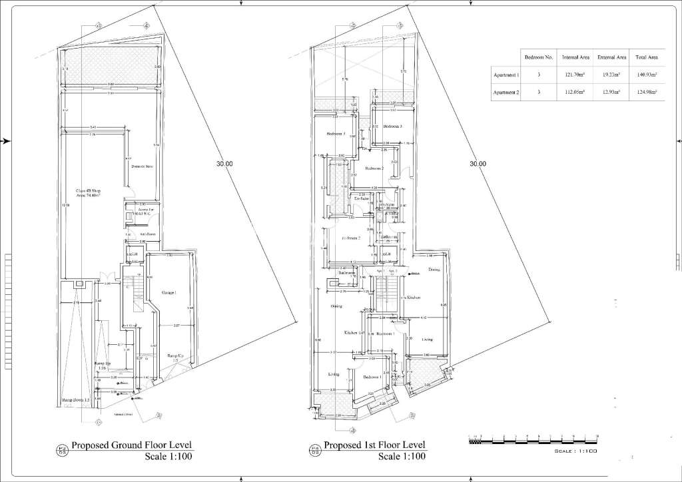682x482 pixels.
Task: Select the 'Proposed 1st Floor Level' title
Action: pyautogui.click(x=375, y=445)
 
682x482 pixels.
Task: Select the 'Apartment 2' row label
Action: pyautogui.click(x=506, y=93)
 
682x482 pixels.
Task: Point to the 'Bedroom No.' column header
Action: pyautogui.click(x=539, y=58)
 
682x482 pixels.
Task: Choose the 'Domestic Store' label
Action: pyautogui.click(x=143, y=166)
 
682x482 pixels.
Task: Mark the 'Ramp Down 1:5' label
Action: pyautogui.click(x=76, y=399)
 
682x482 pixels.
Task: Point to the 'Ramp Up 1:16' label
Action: pyautogui.click(x=103, y=365)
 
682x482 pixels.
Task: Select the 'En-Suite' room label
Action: pyautogui.click(x=362, y=199)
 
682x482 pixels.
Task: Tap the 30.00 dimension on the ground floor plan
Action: pyautogui.click(x=224, y=164)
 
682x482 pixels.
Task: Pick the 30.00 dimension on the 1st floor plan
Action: pyautogui.click(x=478, y=164)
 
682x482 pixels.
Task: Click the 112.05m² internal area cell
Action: pyautogui.click(x=574, y=93)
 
